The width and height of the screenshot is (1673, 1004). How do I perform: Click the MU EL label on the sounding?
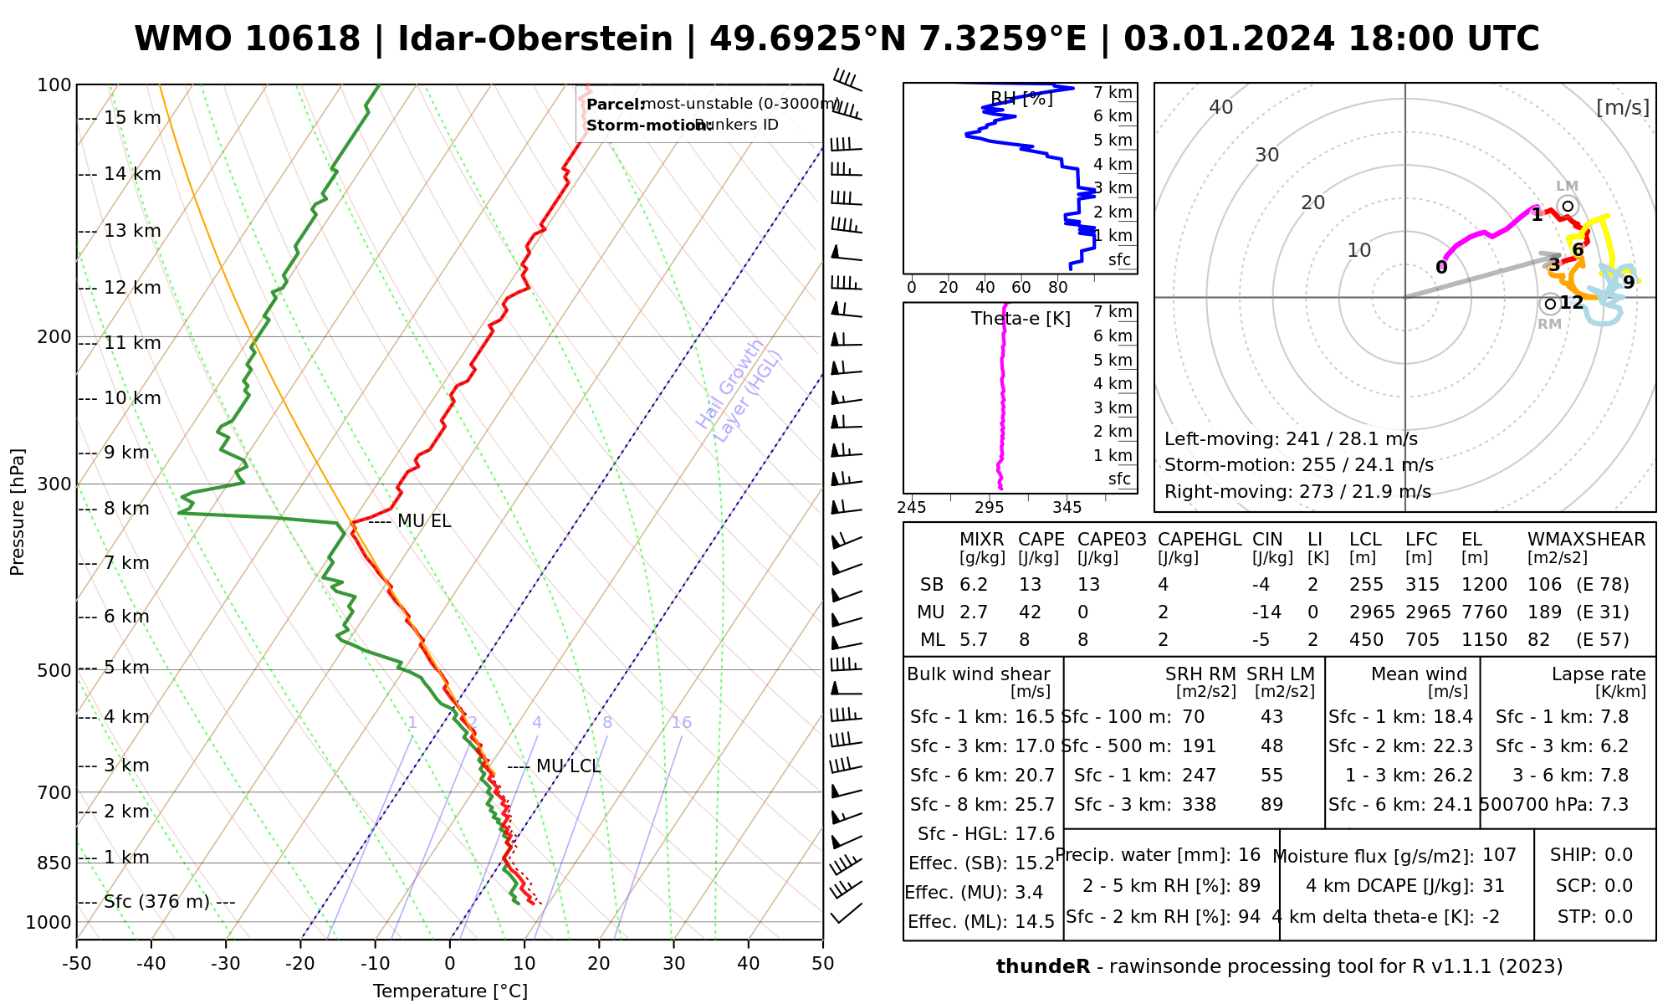pos(423,521)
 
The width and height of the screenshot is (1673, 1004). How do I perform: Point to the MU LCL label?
pos(567,766)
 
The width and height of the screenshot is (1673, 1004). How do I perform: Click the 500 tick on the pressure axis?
pos(56,670)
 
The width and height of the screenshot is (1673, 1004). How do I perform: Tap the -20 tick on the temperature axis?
pos(300,964)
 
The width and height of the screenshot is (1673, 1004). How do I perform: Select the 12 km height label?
pos(132,288)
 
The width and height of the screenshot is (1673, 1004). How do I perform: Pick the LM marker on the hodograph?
pos(1568,206)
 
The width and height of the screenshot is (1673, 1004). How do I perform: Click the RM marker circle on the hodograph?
pos(1550,304)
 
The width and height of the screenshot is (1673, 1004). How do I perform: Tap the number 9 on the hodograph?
pos(1628,283)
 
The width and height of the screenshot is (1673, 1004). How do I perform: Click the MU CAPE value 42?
pos(1030,612)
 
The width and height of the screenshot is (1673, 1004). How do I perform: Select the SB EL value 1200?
pos(1485,585)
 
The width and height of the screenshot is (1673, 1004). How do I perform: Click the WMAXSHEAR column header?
pos(1586,540)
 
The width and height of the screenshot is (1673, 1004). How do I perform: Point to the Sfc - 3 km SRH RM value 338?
pos(1199,805)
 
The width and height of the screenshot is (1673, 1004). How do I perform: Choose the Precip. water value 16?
pos(1249,855)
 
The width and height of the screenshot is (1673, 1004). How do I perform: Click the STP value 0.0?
pos(1619,917)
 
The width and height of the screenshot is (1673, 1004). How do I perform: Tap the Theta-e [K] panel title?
pos(1021,319)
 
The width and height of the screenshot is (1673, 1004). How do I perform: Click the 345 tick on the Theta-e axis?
pos(1067,508)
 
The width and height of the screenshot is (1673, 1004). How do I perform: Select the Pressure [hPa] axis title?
pos(18,512)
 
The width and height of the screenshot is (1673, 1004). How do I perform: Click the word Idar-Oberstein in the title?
pos(535,39)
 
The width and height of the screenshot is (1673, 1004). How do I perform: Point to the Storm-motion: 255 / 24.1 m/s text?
pos(1298,465)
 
